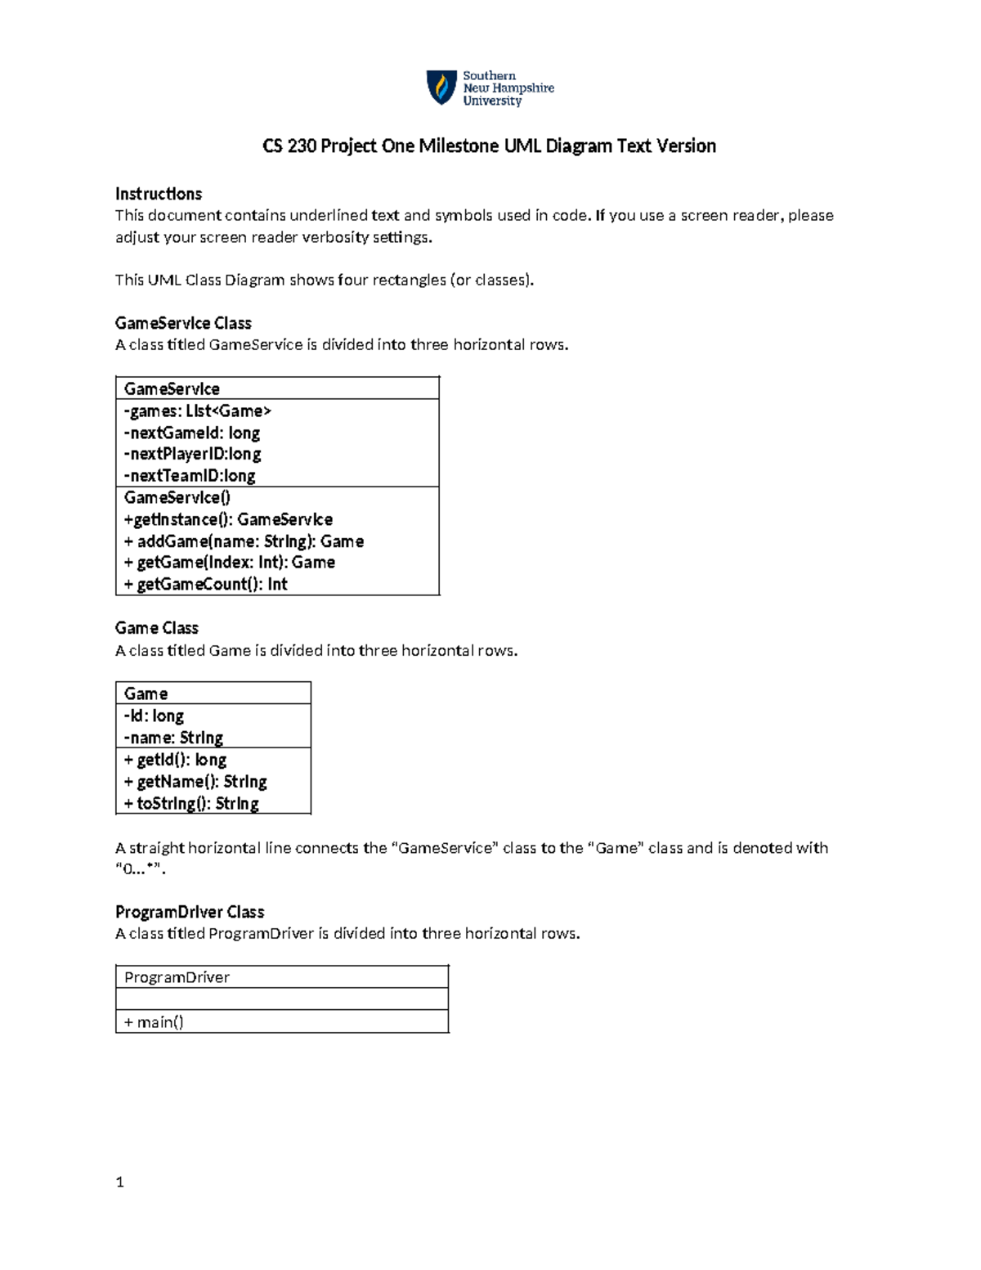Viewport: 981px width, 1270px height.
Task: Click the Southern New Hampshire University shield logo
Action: pyautogui.click(x=441, y=88)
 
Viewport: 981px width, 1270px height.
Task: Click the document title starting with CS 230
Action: pyautogui.click(x=489, y=146)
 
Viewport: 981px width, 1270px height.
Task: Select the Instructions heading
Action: pyautogui.click(x=159, y=194)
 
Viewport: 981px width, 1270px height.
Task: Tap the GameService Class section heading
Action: pyautogui.click(x=183, y=323)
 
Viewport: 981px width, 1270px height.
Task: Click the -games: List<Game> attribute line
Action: pyautogui.click(x=197, y=411)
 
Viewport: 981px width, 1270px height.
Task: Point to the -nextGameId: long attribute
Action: pyautogui.click(x=192, y=433)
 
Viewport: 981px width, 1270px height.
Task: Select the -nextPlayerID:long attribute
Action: pyautogui.click(x=192, y=455)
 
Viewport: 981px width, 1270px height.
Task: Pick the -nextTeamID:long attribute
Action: pyautogui.click(x=190, y=476)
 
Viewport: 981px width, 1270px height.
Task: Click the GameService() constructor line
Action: pyautogui.click(x=177, y=498)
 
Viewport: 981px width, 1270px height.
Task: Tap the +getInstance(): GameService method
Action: pyautogui.click(x=228, y=520)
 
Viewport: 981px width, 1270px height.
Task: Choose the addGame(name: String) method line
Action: pyautogui.click(x=244, y=541)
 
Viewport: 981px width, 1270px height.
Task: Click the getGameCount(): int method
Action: pyautogui.click(x=206, y=585)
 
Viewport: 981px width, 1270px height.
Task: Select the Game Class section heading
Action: pyautogui.click(x=157, y=628)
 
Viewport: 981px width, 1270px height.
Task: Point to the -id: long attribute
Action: pyautogui.click(x=154, y=716)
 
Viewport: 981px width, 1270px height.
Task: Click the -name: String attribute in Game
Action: pyautogui.click(x=173, y=738)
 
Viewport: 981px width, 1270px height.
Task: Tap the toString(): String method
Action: pyautogui.click(x=191, y=804)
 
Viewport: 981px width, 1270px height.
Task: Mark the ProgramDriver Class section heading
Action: pyautogui.click(x=190, y=912)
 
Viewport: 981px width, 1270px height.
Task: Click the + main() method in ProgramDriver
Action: pyautogui.click(x=154, y=1022)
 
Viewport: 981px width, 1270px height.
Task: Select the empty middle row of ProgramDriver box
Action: pyautogui.click(x=282, y=999)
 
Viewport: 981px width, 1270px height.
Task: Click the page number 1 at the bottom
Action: pyautogui.click(x=120, y=1182)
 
